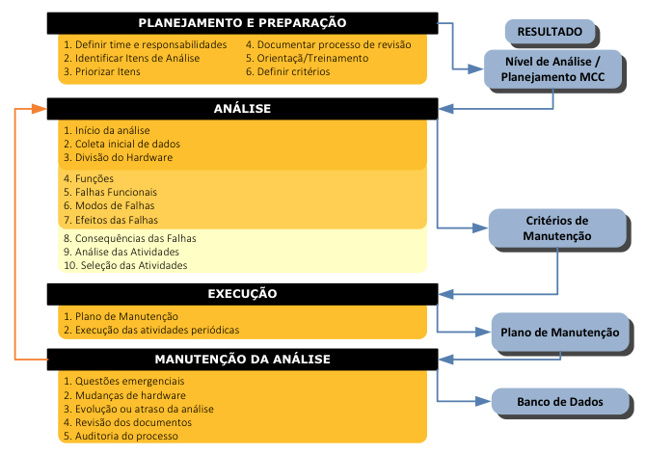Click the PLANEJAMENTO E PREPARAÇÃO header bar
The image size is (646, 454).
pyautogui.click(x=242, y=23)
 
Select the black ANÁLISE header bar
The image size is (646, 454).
pyautogui.click(x=242, y=109)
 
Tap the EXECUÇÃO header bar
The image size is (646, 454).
pyautogui.click(x=242, y=294)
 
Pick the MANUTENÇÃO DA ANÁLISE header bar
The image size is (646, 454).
pyautogui.click(x=242, y=360)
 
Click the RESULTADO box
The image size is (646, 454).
pyautogui.click(x=550, y=31)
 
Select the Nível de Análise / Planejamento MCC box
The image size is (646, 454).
pyautogui.click(x=552, y=69)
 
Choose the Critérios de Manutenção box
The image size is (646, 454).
pyautogui.click(x=557, y=228)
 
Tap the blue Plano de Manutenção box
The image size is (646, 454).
pyautogui.click(x=560, y=333)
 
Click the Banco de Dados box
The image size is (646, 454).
pyautogui.click(x=560, y=402)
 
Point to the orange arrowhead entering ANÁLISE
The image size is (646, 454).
pyautogui.click(x=40, y=109)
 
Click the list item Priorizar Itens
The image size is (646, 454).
pyautogui.click(x=102, y=71)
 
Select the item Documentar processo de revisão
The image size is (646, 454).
pyautogui.click(x=329, y=44)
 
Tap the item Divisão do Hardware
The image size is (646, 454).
pyautogui.click(x=118, y=157)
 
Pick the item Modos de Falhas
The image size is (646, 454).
pyautogui.click(x=109, y=205)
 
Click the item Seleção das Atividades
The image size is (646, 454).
pyautogui.click(x=125, y=265)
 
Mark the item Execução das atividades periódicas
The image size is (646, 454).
pyautogui.click(x=151, y=330)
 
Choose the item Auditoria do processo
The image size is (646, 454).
pyautogui.click(x=121, y=436)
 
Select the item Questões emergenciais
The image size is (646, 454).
pyautogui.click(x=124, y=381)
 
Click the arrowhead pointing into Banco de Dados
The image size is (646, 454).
pyautogui.click(x=483, y=401)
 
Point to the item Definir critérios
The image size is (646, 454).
pyautogui.click(x=287, y=71)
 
